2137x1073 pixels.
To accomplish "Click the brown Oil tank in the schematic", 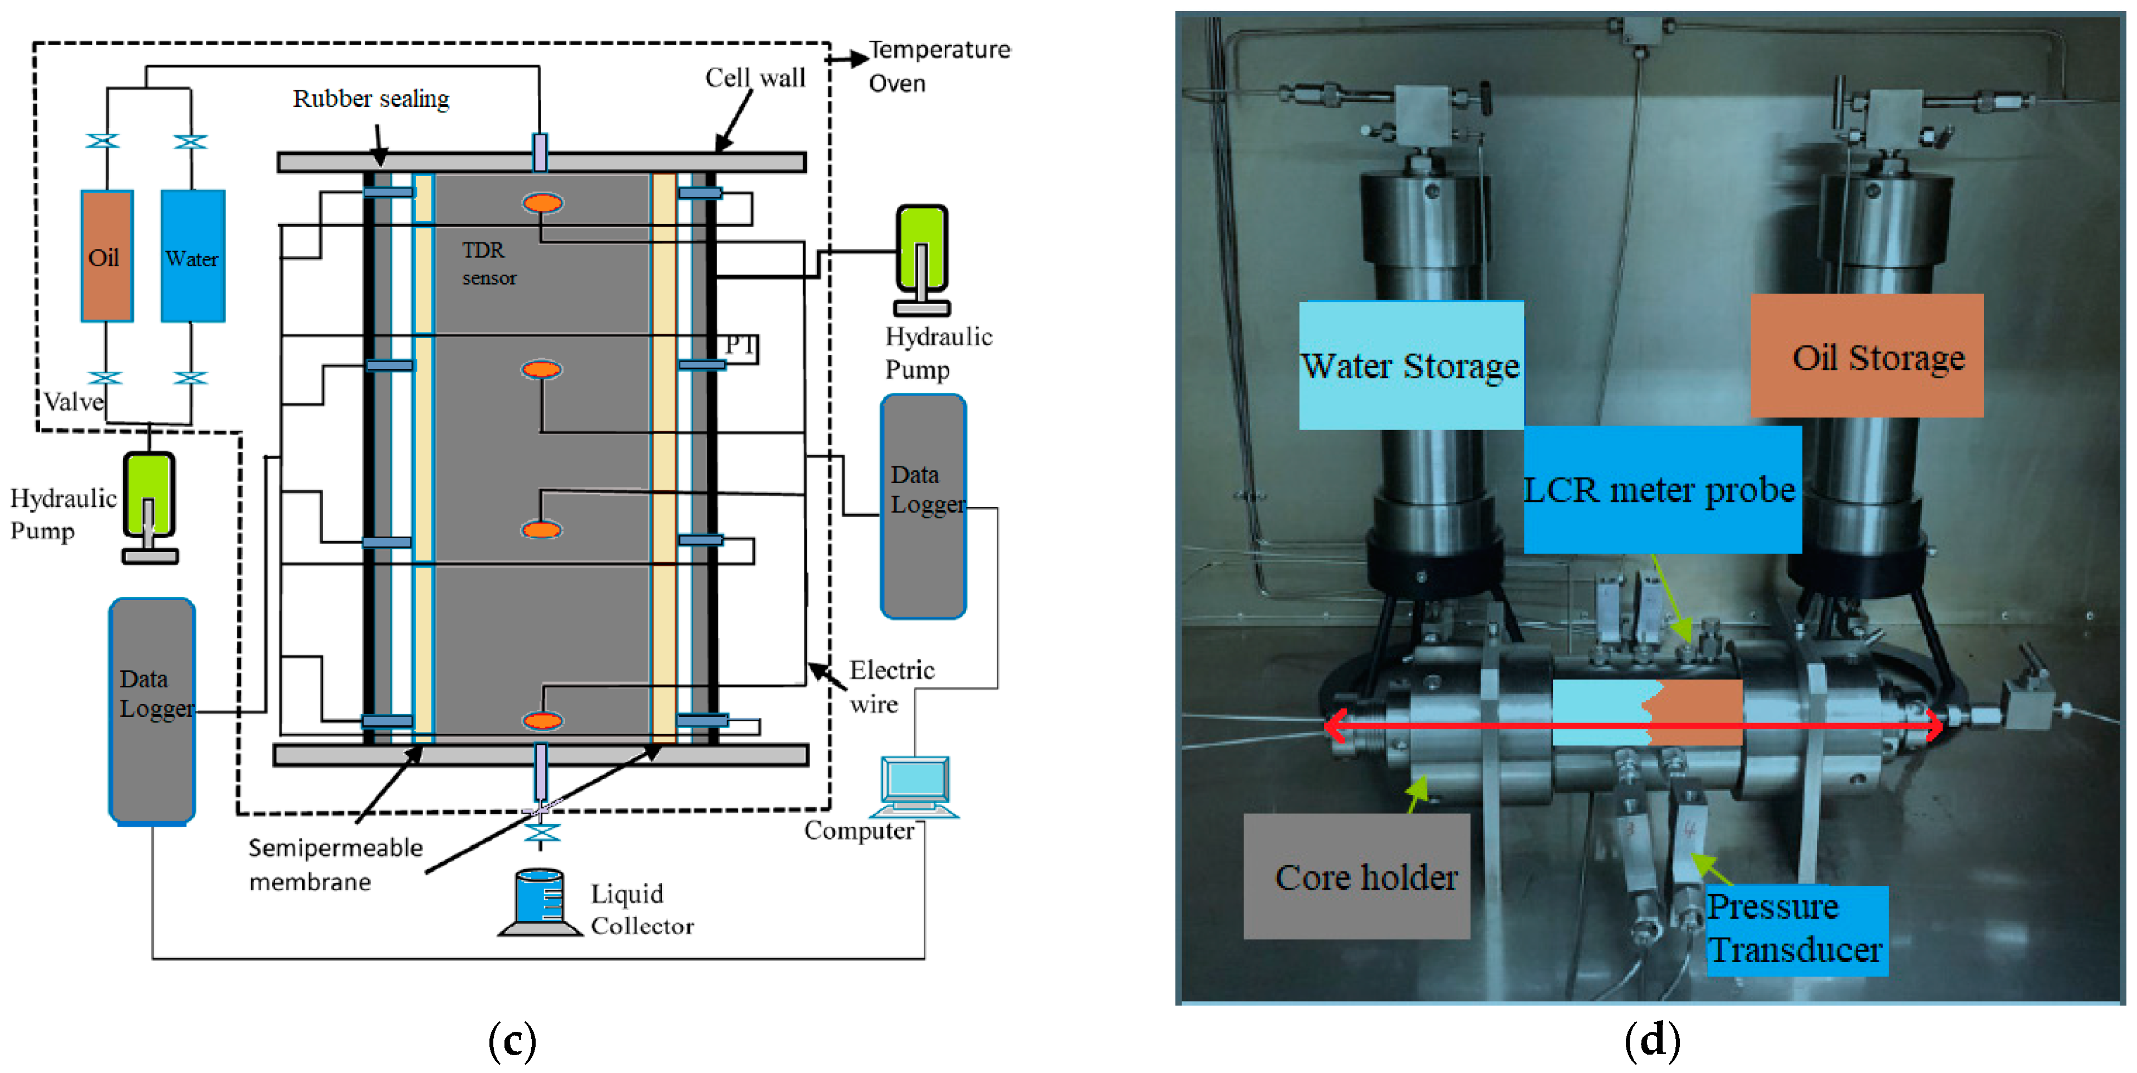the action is click(x=107, y=256).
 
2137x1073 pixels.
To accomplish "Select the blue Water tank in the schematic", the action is click(x=193, y=256).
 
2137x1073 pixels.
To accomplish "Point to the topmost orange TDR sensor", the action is click(x=542, y=202).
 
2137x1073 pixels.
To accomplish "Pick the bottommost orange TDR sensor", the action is click(x=542, y=720).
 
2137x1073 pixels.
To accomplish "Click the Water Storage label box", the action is click(x=1411, y=365).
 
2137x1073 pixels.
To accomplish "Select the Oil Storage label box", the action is click(x=1866, y=355).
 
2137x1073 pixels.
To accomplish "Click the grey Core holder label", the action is click(x=1356, y=876).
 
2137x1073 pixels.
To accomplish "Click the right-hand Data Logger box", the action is click(x=923, y=506).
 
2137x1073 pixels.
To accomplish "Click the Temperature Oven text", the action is click(x=939, y=66).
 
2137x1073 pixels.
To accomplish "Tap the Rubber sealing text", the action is click(x=371, y=99).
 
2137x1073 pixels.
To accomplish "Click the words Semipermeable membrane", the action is click(x=335, y=864).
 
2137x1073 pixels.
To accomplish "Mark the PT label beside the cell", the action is click(x=740, y=344).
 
